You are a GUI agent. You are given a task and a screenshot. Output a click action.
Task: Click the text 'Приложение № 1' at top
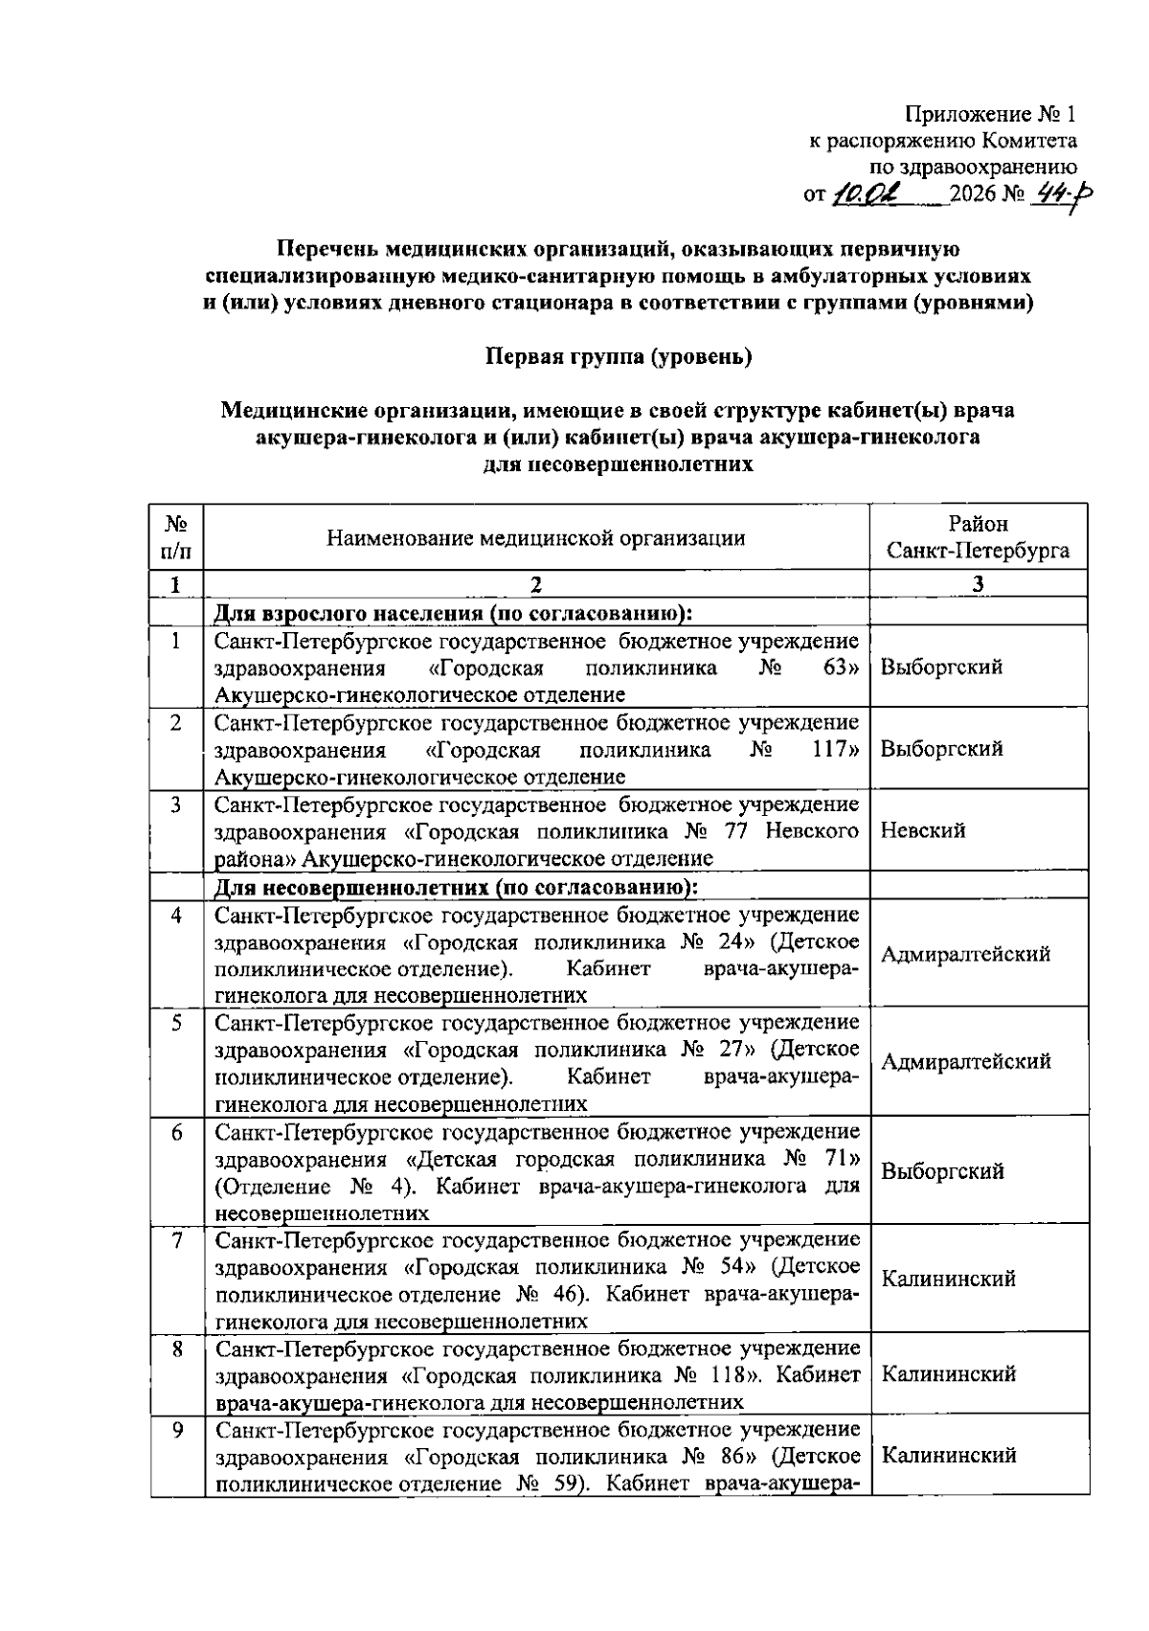point(991,115)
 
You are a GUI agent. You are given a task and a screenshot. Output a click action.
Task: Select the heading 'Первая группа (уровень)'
point(620,357)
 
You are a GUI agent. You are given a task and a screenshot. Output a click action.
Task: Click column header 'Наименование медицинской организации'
point(536,538)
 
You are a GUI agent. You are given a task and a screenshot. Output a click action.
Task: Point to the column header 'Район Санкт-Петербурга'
point(978,538)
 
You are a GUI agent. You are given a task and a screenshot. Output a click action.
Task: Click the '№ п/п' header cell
point(177,538)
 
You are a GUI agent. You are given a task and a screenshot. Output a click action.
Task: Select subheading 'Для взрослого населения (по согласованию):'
point(453,612)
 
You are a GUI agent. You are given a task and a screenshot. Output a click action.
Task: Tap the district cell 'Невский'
point(922,830)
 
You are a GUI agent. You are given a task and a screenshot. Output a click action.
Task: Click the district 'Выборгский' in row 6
point(942,1171)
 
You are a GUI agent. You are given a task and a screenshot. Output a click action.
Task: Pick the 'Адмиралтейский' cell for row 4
point(965,954)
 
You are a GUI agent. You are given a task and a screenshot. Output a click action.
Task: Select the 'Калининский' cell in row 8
point(948,1374)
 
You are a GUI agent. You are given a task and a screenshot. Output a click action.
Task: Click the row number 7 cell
point(177,1241)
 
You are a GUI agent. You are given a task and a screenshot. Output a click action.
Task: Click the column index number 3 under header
point(978,584)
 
